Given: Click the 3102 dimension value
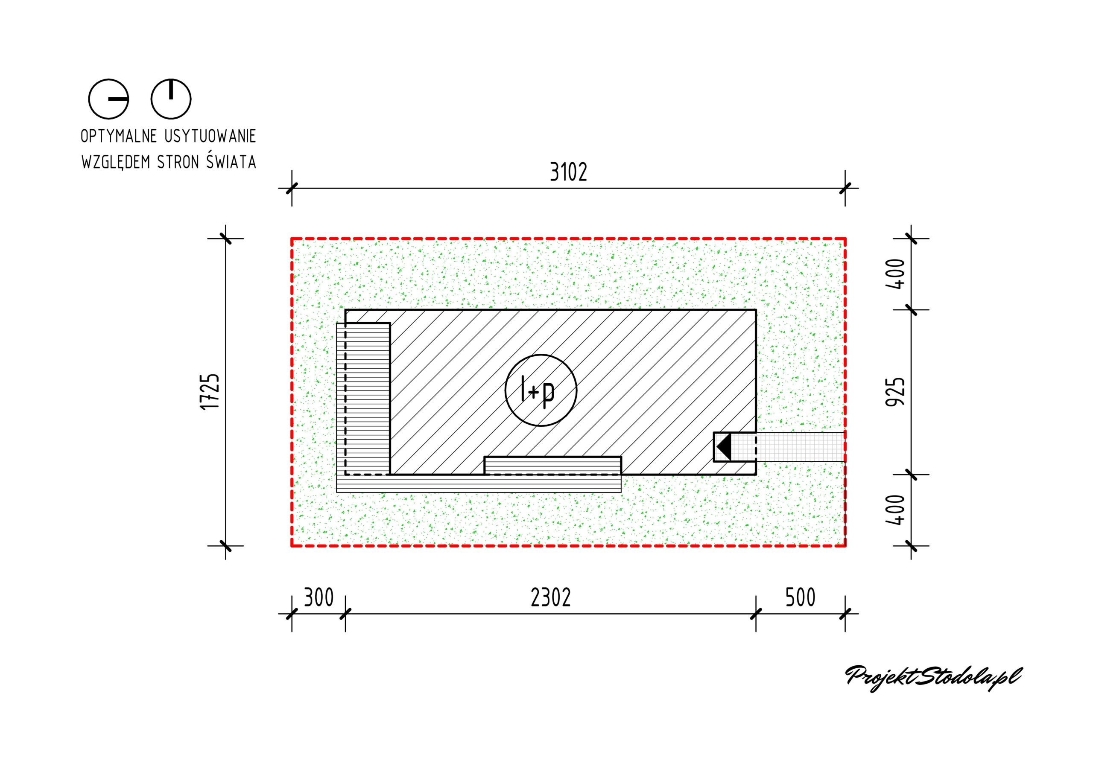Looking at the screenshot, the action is [x=568, y=172].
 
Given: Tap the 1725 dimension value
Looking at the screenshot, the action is [x=210, y=392].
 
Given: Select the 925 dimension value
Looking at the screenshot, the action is [x=895, y=392].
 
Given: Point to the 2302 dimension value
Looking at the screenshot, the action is [x=551, y=598].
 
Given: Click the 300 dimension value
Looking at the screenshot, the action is [x=319, y=598].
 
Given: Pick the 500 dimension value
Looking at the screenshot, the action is [x=800, y=598].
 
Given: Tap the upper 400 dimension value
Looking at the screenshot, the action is [x=895, y=274].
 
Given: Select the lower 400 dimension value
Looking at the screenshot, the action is [x=895, y=510].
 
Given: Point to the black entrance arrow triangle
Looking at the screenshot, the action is [x=725, y=447].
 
